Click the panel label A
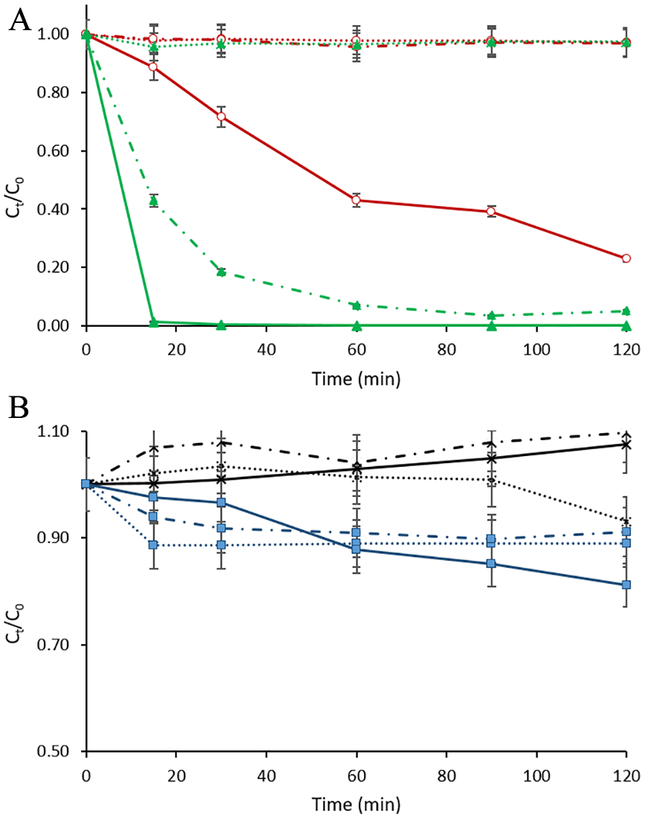[19, 22]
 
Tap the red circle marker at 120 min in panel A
[626, 258]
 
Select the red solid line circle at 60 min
[356, 200]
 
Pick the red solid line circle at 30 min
[221, 116]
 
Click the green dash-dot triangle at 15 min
[153, 201]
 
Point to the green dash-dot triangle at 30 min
[221, 271]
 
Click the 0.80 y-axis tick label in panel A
[55, 93]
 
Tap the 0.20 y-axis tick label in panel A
[55, 268]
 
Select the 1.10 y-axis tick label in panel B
[55, 432]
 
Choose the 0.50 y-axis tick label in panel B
[55, 752]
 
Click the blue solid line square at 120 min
[626, 585]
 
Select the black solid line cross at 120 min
[626, 445]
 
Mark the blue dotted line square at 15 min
[153, 545]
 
